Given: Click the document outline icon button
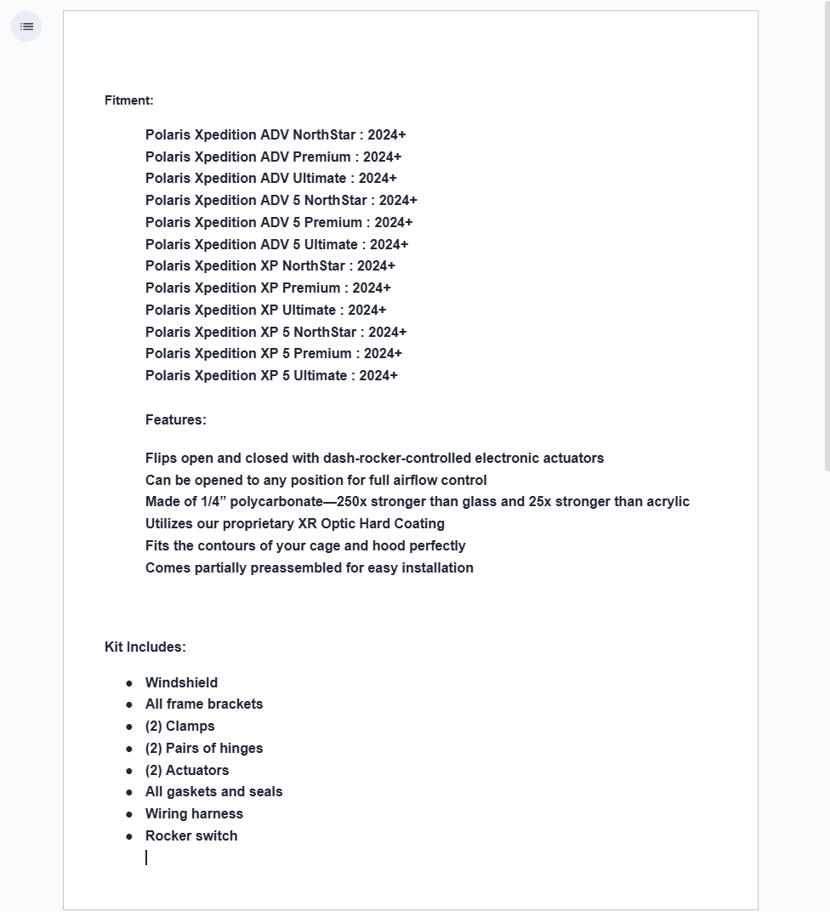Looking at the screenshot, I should [x=26, y=26].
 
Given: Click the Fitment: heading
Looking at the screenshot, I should [x=128, y=100].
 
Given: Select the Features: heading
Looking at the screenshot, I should [x=175, y=419].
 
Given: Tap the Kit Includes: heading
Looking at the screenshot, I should [x=145, y=647].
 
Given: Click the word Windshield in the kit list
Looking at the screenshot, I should [x=181, y=682].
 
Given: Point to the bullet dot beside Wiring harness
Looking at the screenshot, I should [x=129, y=814].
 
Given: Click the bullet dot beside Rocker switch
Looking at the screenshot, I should [x=129, y=836].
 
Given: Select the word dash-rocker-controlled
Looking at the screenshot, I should [x=397, y=458].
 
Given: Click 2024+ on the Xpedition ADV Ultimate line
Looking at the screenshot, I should [x=378, y=178].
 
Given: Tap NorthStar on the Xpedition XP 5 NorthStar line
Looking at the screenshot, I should [x=325, y=332].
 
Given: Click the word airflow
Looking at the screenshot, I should [x=415, y=480].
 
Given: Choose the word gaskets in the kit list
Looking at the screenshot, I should [x=191, y=791].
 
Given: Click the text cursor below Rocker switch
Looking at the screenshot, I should [x=146, y=858].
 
